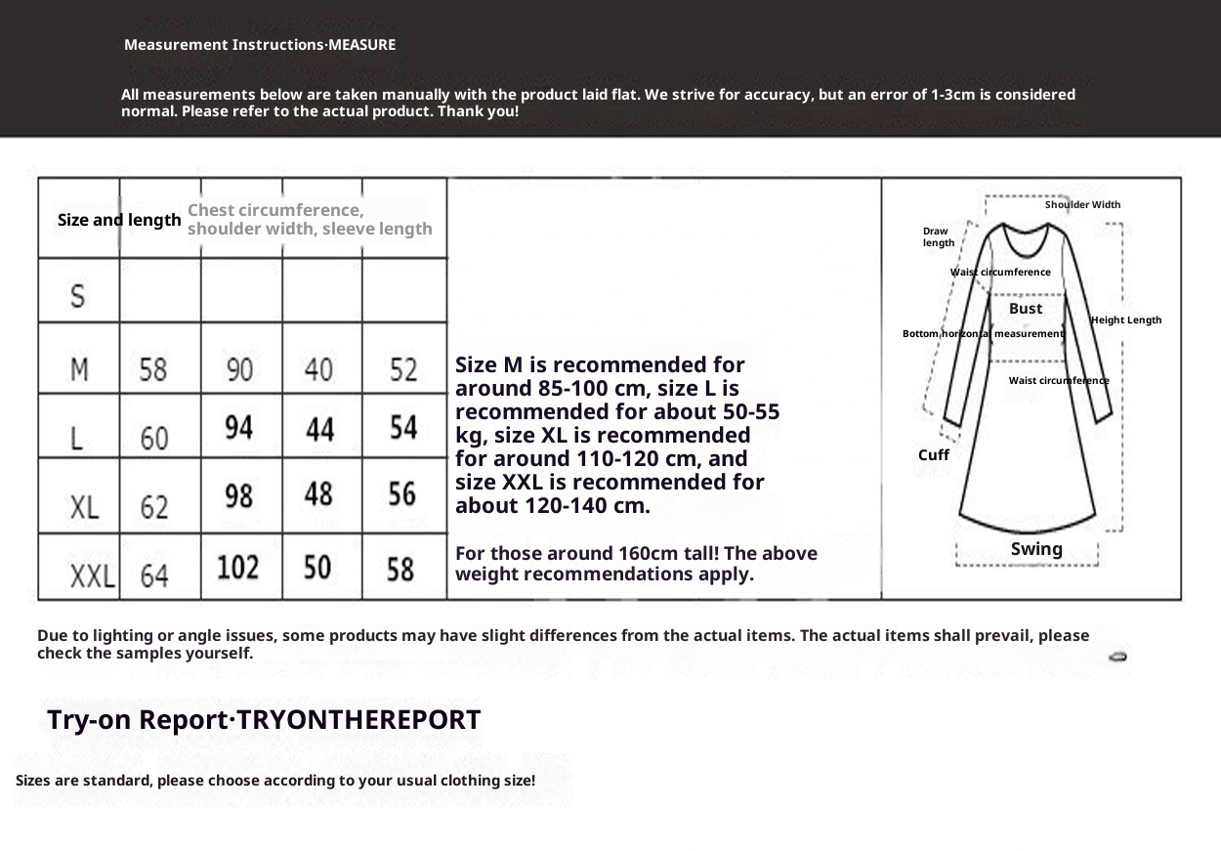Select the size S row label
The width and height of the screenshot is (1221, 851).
click(x=79, y=294)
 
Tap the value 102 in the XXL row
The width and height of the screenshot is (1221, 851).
click(x=239, y=567)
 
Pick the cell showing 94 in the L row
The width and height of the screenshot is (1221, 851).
click(x=239, y=428)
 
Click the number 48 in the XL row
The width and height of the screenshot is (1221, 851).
click(x=319, y=494)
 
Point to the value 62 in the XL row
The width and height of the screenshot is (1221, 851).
click(x=153, y=506)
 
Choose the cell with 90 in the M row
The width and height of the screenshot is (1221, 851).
click(x=239, y=369)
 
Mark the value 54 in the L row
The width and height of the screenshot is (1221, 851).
click(x=401, y=428)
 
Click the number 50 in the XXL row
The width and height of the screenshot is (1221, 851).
click(x=319, y=567)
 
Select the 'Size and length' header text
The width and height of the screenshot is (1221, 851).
click(x=119, y=220)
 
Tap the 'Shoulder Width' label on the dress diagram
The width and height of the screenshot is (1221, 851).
click(x=1082, y=205)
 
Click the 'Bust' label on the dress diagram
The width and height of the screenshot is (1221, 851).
click(x=1026, y=309)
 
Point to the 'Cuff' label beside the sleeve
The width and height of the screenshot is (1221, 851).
click(x=934, y=455)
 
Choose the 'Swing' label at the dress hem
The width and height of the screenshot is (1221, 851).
click(x=1036, y=549)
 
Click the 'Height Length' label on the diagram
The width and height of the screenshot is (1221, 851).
click(x=1126, y=320)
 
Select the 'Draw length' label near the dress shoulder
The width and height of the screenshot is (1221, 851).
click(x=938, y=236)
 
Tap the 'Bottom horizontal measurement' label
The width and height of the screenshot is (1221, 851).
click(x=983, y=334)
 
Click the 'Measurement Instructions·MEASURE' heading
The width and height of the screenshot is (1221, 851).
click(x=260, y=45)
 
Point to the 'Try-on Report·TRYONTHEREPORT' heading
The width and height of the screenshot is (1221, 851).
click(x=264, y=721)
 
